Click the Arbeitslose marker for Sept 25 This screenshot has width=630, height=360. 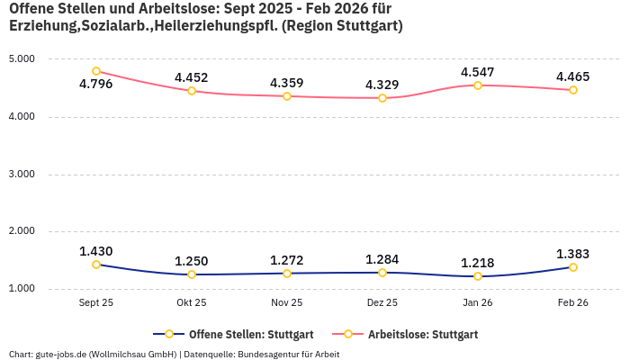[x=96, y=71]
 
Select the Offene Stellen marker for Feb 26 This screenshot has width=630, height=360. [x=572, y=267]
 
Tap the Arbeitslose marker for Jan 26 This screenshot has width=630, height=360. [x=478, y=85]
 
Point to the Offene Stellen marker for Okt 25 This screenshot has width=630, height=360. [x=192, y=274]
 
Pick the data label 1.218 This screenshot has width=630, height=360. [x=478, y=263]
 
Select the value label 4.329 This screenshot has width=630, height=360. [x=382, y=85]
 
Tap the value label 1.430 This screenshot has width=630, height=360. [x=96, y=251]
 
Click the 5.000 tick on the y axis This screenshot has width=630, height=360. [x=22, y=59]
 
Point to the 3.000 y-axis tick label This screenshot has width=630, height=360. [x=22, y=174]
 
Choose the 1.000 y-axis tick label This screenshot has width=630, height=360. [x=22, y=289]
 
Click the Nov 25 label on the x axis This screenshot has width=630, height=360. [x=287, y=303]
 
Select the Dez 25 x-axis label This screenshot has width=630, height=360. [x=382, y=303]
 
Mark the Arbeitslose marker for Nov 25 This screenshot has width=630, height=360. [x=287, y=95]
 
